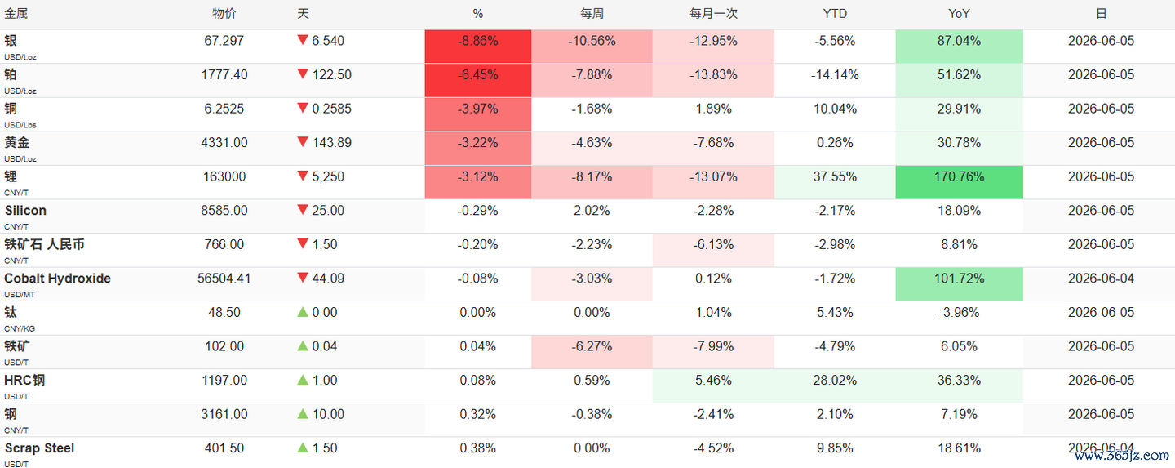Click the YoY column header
click(x=959, y=14)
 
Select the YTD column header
click(x=835, y=14)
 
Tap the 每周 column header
click(x=592, y=14)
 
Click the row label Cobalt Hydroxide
click(x=57, y=279)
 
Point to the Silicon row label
click(x=25, y=211)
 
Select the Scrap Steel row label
click(x=39, y=448)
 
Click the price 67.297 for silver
click(x=224, y=41)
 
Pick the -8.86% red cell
click(x=478, y=47)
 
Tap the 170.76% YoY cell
click(x=959, y=182)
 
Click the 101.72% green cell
click(x=959, y=284)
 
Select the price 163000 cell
click(x=224, y=176)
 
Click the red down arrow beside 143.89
click(x=302, y=141)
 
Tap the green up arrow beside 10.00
click(x=302, y=413)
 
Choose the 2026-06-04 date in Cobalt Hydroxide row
click(x=1101, y=279)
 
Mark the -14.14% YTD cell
click(x=835, y=75)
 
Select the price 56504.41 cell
click(x=224, y=279)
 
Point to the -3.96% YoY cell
click(x=959, y=313)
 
